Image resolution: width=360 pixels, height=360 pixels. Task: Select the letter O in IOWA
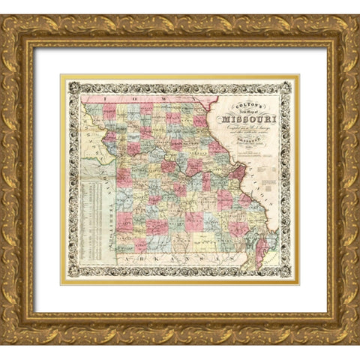130,97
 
